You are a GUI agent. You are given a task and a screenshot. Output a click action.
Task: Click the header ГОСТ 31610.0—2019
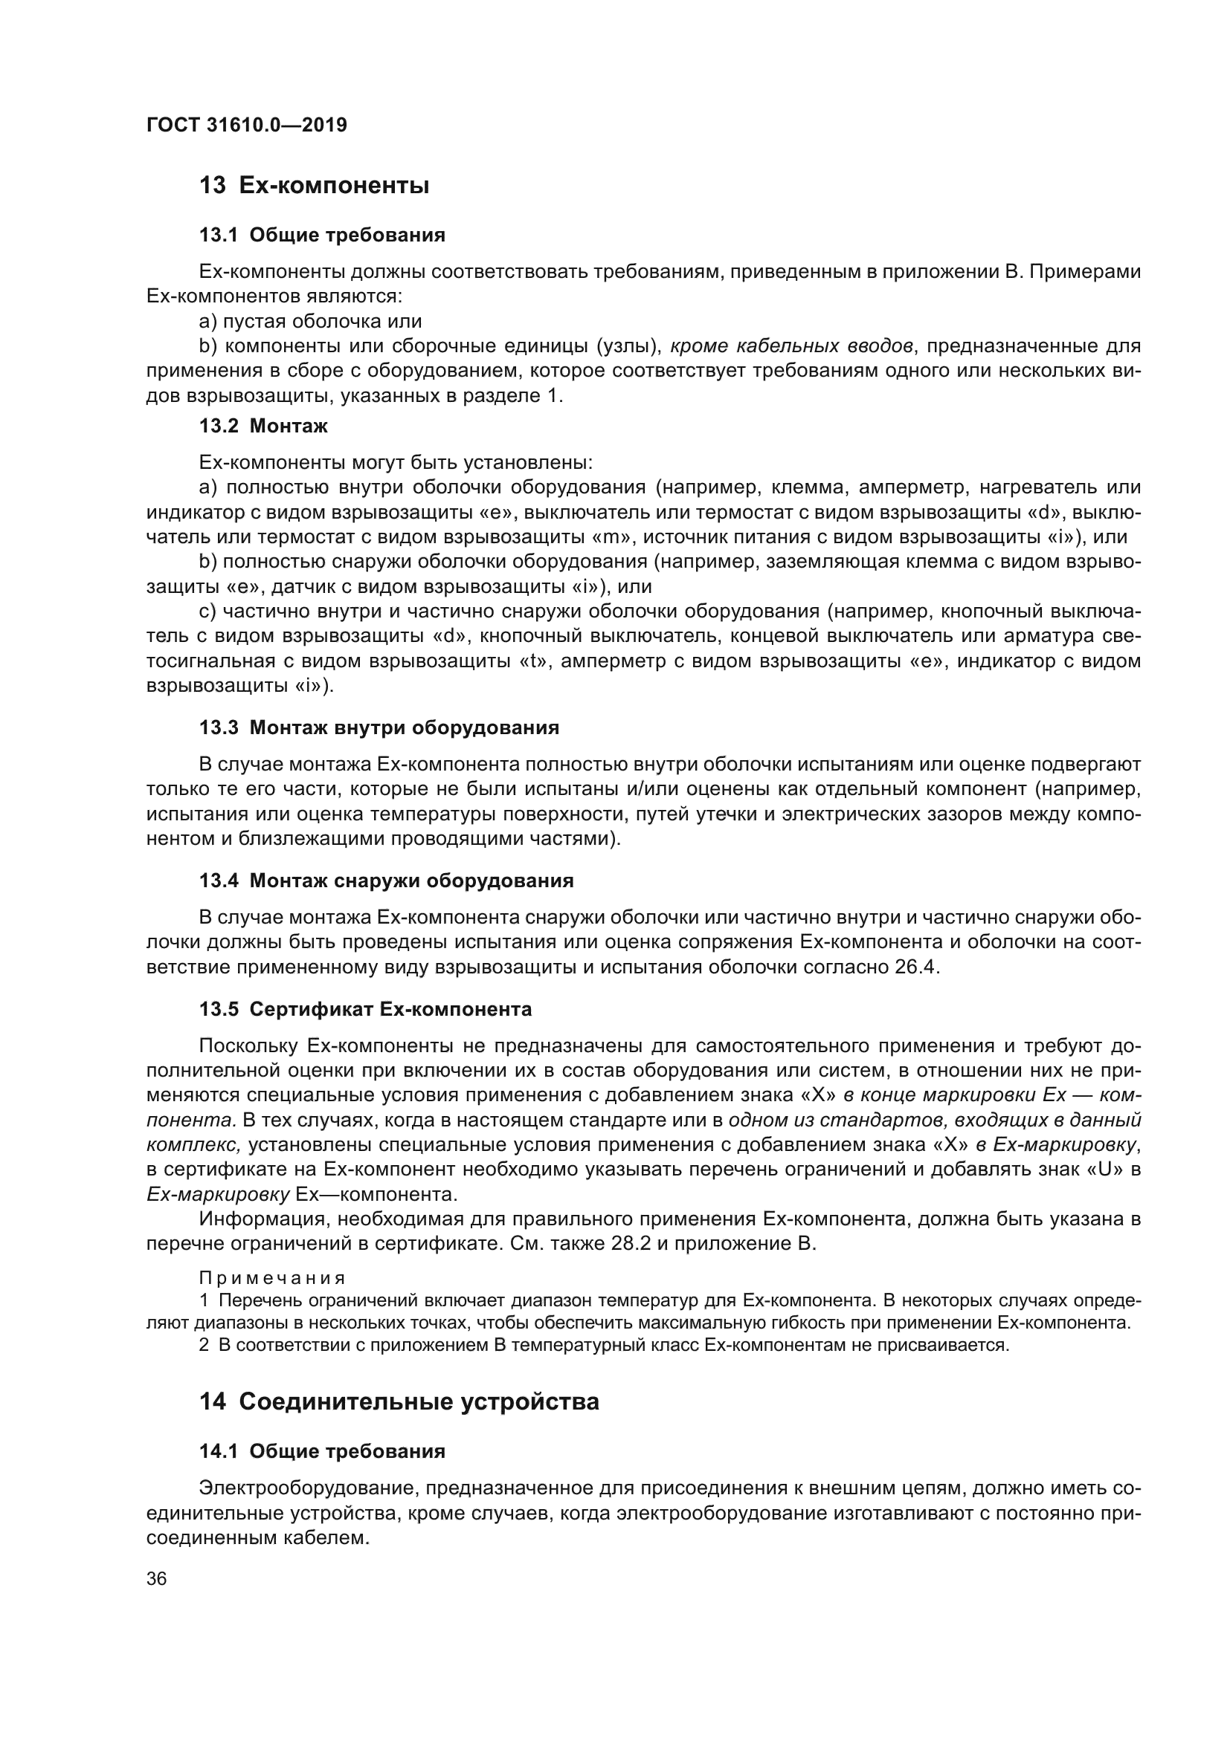(x=246, y=125)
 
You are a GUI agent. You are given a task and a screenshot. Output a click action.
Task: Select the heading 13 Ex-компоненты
(x=315, y=186)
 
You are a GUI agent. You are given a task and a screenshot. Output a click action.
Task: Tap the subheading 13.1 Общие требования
(x=322, y=236)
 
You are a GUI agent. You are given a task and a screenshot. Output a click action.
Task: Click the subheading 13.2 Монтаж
(x=263, y=427)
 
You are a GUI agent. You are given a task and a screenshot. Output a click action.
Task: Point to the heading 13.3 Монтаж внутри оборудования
(x=379, y=728)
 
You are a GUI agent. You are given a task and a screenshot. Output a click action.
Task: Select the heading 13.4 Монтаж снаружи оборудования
(x=386, y=881)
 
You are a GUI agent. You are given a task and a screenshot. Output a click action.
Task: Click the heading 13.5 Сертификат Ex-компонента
(x=365, y=1010)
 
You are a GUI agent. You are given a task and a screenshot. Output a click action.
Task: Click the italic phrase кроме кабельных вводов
(x=791, y=347)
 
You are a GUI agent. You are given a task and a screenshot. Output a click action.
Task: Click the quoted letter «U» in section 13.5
(x=1105, y=1170)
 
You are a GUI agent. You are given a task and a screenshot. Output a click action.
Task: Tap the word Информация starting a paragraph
(x=262, y=1219)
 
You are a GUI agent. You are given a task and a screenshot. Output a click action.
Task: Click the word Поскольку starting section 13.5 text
(x=247, y=1046)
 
